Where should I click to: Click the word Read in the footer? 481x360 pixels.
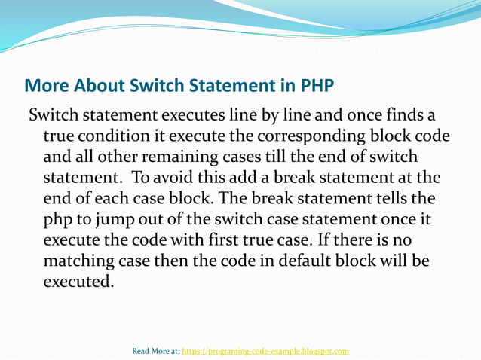[141, 351]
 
